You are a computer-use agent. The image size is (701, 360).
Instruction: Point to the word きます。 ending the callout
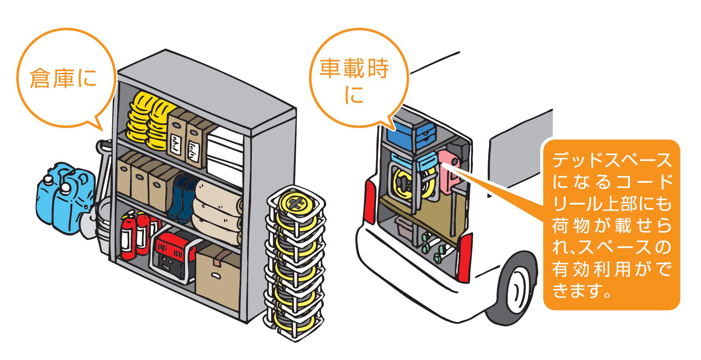581,292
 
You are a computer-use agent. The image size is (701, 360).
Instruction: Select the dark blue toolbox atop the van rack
411,135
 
